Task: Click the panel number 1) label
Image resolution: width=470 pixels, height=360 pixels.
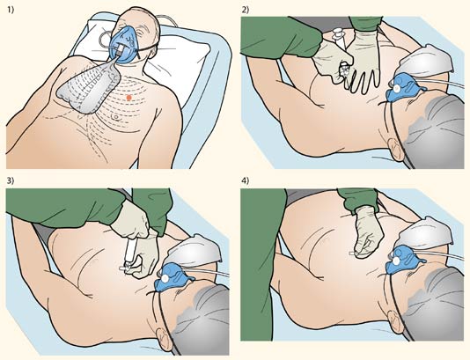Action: click(x=11, y=10)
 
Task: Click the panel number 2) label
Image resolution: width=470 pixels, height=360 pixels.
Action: click(x=246, y=10)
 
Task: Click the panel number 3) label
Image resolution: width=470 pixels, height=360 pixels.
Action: click(x=11, y=180)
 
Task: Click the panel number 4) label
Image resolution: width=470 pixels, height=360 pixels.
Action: click(x=246, y=180)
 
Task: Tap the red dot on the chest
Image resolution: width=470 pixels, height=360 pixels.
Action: click(x=129, y=97)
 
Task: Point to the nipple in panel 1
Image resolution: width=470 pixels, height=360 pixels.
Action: click(x=114, y=117)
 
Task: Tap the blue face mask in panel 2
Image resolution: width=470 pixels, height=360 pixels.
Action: click(x=401, y=88)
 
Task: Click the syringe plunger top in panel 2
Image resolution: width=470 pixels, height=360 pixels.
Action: click(x=338, y=31)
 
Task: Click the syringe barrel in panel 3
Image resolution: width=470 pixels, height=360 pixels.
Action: click(x=130, y=251)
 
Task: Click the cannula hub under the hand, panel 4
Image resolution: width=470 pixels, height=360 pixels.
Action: click(x=352, y=253)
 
